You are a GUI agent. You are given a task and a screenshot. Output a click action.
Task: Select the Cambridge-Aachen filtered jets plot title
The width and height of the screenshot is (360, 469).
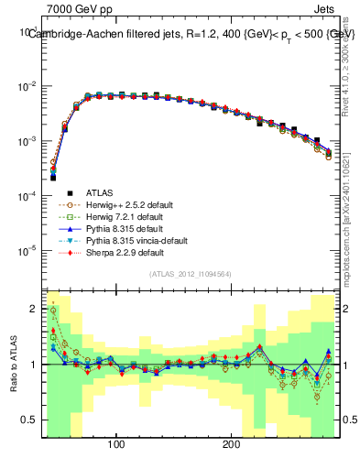click(x=191, y=34)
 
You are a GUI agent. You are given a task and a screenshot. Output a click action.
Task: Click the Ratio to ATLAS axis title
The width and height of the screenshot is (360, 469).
click(x=13, y=364)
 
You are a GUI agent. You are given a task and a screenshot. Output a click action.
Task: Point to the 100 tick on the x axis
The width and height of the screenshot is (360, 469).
click(x=116, y=444)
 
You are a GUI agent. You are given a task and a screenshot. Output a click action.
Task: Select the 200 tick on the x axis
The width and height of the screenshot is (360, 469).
click(x=232, y=444)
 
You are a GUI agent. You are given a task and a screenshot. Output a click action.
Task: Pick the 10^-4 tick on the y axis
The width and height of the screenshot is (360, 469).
click(x=26, y=196)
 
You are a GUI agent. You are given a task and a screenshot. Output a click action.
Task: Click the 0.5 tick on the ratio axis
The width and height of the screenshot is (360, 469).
click(x=28, y=421)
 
